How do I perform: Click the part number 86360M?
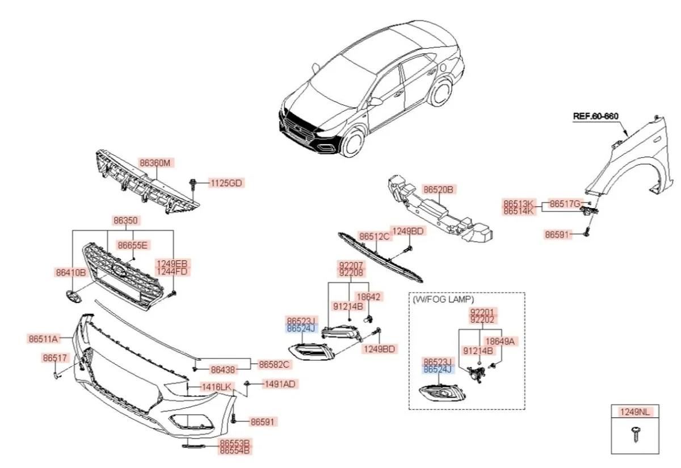(x=155, y=163)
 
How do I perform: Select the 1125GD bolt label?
(x=226, y=183)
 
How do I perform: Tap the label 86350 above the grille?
(x=125, y=220)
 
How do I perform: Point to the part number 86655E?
(x=132, y=245)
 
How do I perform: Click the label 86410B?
(x=70, y=273)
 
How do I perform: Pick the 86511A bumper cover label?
(x=43, y=339)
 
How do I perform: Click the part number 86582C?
(x=275, y=364)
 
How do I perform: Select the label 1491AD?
(x=279, y=384)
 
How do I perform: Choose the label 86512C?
(x=374, y=236)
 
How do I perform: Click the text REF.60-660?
(x=595, y=116)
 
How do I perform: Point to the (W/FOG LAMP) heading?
(x=443, y=299)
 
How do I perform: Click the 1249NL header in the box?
(x=635, y=412)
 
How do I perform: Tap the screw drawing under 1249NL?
(x=634, y=436)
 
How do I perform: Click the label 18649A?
(x=499, y=341)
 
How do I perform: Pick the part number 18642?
(x=369, y=297)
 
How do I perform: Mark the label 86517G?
(x=565, y=204)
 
